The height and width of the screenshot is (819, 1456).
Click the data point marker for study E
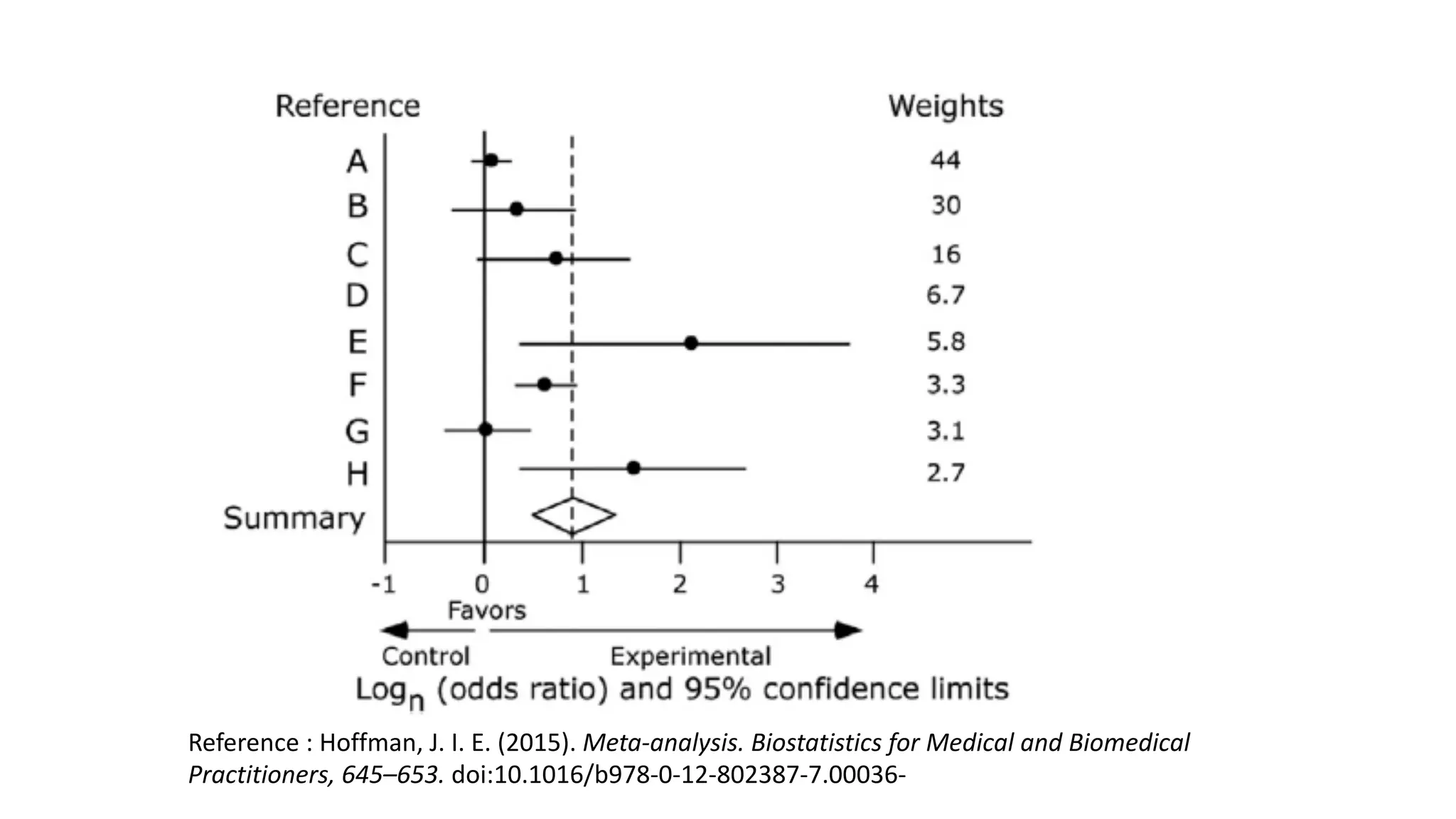(691, 343)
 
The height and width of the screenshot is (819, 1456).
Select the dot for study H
(633, 468)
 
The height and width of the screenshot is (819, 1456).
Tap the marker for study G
(486, 429)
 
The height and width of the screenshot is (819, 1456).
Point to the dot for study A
(491, 160)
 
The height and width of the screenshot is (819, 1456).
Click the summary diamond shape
(573, 515)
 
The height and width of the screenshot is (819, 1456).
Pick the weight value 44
(945, 160)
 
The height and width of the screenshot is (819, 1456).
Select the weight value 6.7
(945, 294)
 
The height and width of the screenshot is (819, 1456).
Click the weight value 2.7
(945, 473)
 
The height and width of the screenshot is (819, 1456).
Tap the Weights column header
(945, 106)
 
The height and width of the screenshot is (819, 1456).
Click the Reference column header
(348, 106)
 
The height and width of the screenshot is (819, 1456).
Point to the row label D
(357, 295)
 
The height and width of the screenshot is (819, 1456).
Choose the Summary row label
(294, 518)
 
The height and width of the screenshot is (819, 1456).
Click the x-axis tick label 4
(872, 584)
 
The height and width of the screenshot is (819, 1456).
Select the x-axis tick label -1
(383, 584)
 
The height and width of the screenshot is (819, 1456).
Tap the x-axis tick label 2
(680, 584)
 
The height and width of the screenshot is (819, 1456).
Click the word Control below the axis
(425, 655)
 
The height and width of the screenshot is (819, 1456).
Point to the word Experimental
(690, 655)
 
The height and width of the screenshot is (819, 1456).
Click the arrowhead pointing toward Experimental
(847, 630)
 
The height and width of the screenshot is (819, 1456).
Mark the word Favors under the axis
(486, 610)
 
